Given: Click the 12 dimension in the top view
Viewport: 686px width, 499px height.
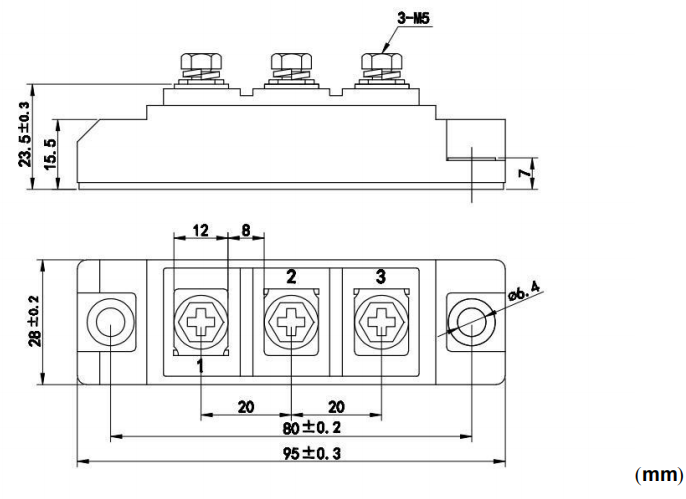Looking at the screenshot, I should coord(200,231).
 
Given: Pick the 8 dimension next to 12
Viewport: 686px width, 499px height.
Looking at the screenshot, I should coord(247,231).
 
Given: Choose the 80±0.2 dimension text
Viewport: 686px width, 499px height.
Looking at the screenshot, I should coord(291,427).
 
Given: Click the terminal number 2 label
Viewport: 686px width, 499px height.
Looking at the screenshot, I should coord(291,277).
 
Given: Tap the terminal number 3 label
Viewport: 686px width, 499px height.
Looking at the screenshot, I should coord(380,277).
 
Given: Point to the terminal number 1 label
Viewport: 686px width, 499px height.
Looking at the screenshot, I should coord(201,367).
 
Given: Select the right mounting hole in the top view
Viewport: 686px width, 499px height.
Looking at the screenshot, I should coord(465,321).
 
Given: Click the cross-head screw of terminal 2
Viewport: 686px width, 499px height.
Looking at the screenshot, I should coord(291,321).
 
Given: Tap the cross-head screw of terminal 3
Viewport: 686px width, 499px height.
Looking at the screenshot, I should coord(380,321).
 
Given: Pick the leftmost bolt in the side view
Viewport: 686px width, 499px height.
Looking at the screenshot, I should coord(194,66).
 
